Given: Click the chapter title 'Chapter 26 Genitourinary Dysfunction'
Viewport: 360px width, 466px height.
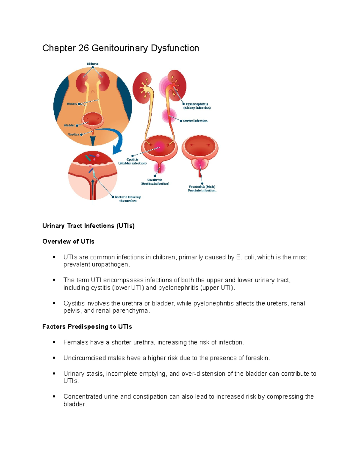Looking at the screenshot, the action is (121, 48).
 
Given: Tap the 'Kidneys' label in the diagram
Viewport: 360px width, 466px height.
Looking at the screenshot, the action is (93, 64).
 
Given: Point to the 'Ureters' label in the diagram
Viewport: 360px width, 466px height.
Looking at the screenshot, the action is (72, 104).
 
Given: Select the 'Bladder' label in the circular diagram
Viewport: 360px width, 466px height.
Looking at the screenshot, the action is (69, 125).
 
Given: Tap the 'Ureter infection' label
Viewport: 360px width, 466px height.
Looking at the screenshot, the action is (195, 121).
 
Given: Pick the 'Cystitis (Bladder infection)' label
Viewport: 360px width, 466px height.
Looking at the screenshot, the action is (132, 161).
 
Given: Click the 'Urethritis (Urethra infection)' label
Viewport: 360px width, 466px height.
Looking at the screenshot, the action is (155, 182).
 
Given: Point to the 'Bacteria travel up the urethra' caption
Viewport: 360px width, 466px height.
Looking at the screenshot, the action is (128, 199).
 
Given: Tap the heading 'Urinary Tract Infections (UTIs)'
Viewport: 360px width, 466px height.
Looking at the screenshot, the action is (88, 226).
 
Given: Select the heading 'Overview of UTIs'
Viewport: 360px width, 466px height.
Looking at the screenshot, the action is (68, 242).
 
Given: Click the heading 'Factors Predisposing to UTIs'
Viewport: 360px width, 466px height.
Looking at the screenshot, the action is (87, 326).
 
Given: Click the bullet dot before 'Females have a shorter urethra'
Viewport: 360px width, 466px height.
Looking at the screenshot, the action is (54, 342).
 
